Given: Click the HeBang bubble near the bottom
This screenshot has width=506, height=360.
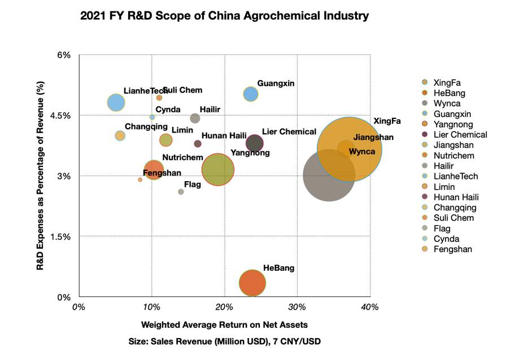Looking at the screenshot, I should (252, 283).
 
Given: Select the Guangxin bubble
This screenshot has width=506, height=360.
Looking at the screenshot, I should (251, 94).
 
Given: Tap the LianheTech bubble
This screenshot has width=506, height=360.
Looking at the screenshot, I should (116, 103).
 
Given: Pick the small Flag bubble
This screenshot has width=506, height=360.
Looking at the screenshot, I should (181, 192).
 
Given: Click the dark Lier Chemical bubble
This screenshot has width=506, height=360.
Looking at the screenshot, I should (255, 143).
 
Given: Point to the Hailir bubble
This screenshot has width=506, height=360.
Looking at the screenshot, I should (195, 118).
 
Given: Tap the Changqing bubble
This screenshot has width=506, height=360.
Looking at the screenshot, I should (120, 135).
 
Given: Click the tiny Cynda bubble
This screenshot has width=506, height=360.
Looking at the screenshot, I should (152, 117).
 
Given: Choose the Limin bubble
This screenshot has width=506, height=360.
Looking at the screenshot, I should (165, 140).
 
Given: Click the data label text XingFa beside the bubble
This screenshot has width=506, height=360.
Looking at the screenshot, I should (387, 121).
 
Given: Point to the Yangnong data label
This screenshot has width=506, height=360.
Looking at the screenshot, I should (250, 153).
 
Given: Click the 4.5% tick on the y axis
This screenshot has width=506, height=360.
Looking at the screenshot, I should (62, 116).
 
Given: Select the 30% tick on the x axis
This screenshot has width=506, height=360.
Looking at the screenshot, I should (297, 306).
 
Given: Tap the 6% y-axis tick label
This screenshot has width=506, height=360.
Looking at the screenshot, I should (64, 55).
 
